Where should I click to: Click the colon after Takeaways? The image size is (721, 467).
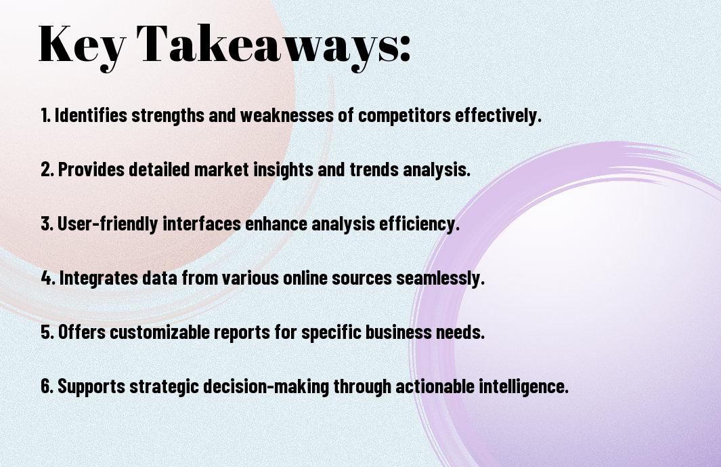[x=405, y=49]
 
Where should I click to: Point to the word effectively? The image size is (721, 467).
[x=498, y=115]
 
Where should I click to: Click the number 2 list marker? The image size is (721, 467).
[x=47, y=169]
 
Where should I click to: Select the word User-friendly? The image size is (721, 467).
[x=108, y=224]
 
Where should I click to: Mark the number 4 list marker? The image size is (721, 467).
[x=48, y=278]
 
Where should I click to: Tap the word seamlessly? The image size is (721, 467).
[x=440, y=278]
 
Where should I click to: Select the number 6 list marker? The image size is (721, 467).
[x=47, y=386]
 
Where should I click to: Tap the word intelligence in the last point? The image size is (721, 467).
[x=523, y=386]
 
